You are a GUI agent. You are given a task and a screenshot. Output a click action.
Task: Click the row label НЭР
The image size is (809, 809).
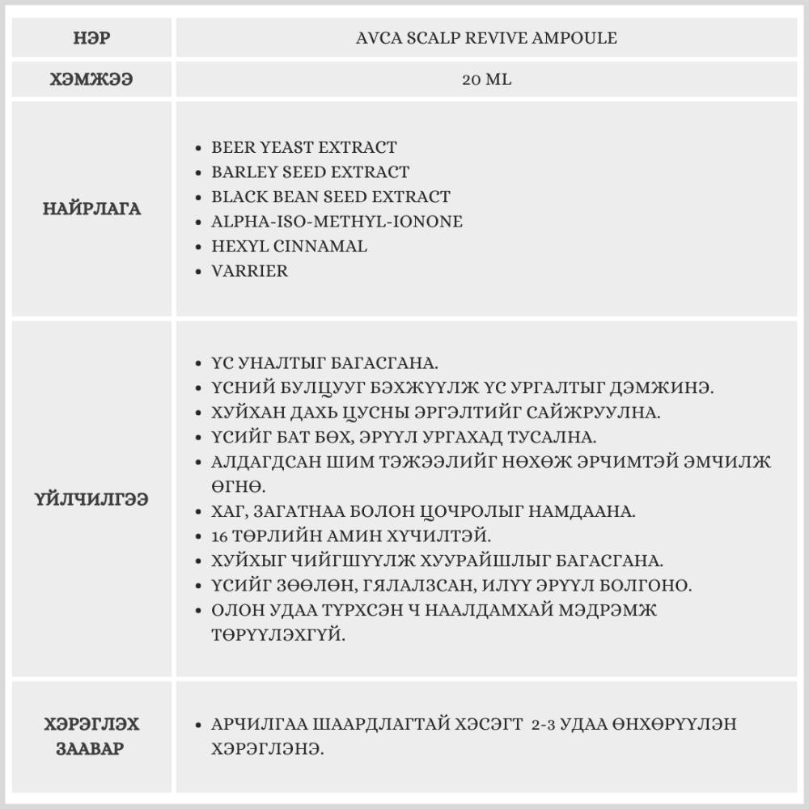[x=91, y=38]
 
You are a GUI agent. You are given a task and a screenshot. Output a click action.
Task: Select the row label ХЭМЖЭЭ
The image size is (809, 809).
[x=91, y=80]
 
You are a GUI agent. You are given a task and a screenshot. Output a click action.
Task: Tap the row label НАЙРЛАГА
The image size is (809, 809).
[x=91, y=209]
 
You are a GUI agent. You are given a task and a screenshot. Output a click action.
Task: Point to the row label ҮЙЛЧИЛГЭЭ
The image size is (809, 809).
[x=91, y=499]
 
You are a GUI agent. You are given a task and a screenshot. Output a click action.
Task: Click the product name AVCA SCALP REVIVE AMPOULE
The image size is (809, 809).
[x=486, y=38]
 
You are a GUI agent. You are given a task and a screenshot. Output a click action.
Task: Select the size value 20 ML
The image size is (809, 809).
[x=486, y=80]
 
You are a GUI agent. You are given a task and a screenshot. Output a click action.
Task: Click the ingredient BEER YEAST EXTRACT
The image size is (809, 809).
[x=303, y=147]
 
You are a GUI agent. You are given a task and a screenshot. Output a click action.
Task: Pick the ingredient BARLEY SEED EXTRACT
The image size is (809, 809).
[x=310, y=172]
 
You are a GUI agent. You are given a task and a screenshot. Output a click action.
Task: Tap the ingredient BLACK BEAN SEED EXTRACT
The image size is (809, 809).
[x=330, y=197]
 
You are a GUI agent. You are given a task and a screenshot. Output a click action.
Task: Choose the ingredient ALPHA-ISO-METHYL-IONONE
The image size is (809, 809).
[x=337, y=221]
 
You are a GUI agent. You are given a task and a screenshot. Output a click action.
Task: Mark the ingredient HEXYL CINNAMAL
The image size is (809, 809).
[x=289, y=246]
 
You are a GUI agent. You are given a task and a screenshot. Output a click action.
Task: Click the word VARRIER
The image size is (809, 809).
[x=249, y=271]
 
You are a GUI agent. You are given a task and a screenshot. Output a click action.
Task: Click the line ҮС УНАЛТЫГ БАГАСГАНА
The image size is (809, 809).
[x=324, y=363]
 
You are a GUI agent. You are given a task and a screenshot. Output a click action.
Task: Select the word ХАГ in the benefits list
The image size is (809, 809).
[x=229, y=511]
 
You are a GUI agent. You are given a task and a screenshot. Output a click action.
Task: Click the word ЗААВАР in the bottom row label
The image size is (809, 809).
[x=91, y=748]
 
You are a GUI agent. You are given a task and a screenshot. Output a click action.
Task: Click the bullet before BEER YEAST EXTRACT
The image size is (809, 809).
[x=199, y=149]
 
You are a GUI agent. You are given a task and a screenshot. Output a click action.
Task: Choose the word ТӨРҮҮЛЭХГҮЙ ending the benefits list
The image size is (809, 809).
[x=278, y=636]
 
